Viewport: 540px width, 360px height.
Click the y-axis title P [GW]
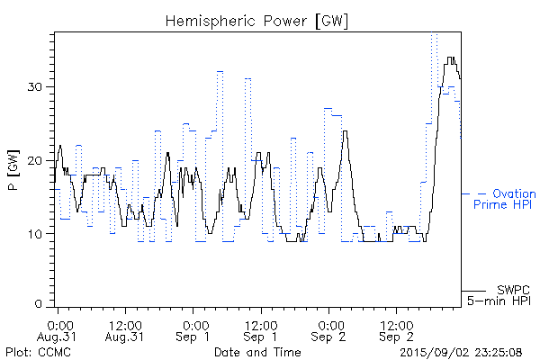click(x=13, y=171)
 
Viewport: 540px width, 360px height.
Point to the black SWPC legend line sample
click(x=472, y=291)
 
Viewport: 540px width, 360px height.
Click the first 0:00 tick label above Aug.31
click(x=58, y=323)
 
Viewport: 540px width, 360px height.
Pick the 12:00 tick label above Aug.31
click(x=125, y=323)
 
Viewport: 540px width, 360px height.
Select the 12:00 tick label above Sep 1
click(x=260, y=323)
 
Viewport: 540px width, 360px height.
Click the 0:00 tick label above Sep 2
click(x=328, y=323)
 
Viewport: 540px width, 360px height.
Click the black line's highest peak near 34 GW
click(x=450, y=58)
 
